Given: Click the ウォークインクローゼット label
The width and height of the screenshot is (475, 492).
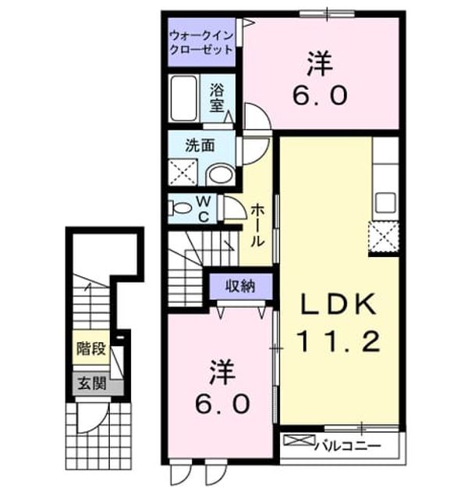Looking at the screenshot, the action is tap(201, 43).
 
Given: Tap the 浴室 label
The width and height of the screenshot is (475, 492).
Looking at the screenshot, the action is tap(217, 98).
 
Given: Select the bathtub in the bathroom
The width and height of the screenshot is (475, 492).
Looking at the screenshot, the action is tap(183, 98).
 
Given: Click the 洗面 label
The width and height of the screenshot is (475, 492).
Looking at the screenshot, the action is tap(200, 145).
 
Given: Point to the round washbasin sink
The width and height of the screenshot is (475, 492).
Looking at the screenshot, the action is tap(222, 174).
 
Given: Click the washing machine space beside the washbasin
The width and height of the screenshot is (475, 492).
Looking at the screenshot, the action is tap(183, 173).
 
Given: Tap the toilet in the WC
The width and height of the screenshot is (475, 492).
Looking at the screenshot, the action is tap(179, 208).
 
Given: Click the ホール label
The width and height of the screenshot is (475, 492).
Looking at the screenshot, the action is tap(257, 225).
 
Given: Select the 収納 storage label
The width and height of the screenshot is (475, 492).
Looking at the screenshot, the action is tap(240, 286).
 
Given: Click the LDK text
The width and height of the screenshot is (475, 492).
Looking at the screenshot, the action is tap(339, 304).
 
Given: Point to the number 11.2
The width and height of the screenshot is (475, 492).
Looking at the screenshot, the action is tap(339, 341).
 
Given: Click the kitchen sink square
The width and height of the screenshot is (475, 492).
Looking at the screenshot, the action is tap(385, 203).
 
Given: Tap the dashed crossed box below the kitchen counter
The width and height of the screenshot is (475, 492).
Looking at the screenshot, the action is tap(384, 237).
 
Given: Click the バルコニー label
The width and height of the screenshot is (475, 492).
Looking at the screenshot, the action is tap(348, 446).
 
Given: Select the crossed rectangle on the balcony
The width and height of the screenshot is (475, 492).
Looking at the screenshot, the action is tap(299, 440).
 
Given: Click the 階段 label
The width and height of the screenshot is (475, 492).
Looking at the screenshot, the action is tap(91, 348).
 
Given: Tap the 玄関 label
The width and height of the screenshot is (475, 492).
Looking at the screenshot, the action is tap(92, 383).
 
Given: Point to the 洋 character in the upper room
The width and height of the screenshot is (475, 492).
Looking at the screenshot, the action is tap(320, 64).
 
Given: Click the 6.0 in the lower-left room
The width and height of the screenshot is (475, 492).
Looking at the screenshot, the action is tap(222, 405).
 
